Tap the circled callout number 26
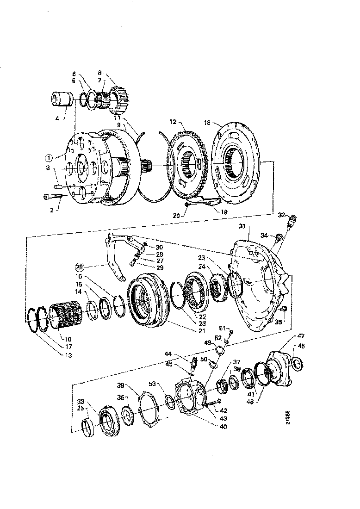click(x=80, y=267)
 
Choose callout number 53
click(x=153, y=384)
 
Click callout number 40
click(x=223, y=427)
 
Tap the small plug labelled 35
click(x=284, y=309)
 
